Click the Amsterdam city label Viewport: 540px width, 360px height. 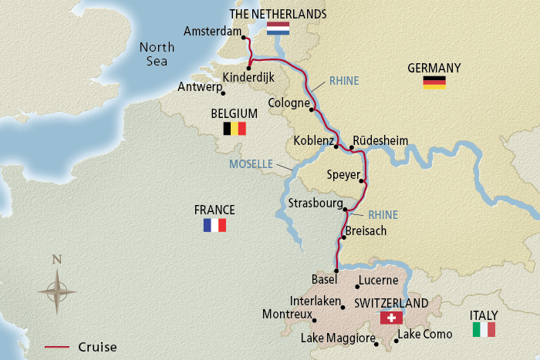[212, 32]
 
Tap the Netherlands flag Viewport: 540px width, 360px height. [278, 29]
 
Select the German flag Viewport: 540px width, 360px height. [434, 82]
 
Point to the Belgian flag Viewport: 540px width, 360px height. [234, 129]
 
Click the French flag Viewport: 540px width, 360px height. [214, 225]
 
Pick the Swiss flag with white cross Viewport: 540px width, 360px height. [392, 318]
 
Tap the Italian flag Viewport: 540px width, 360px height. [484, 330]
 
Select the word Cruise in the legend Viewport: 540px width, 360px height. [97, 347]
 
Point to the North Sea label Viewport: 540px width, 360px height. [157, 54]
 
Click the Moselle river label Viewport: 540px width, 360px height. [251, 164]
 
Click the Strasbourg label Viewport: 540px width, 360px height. [313, 204]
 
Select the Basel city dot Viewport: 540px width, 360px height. [336, 271]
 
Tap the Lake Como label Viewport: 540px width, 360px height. [424, 335]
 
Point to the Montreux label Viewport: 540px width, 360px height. [287, 315]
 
